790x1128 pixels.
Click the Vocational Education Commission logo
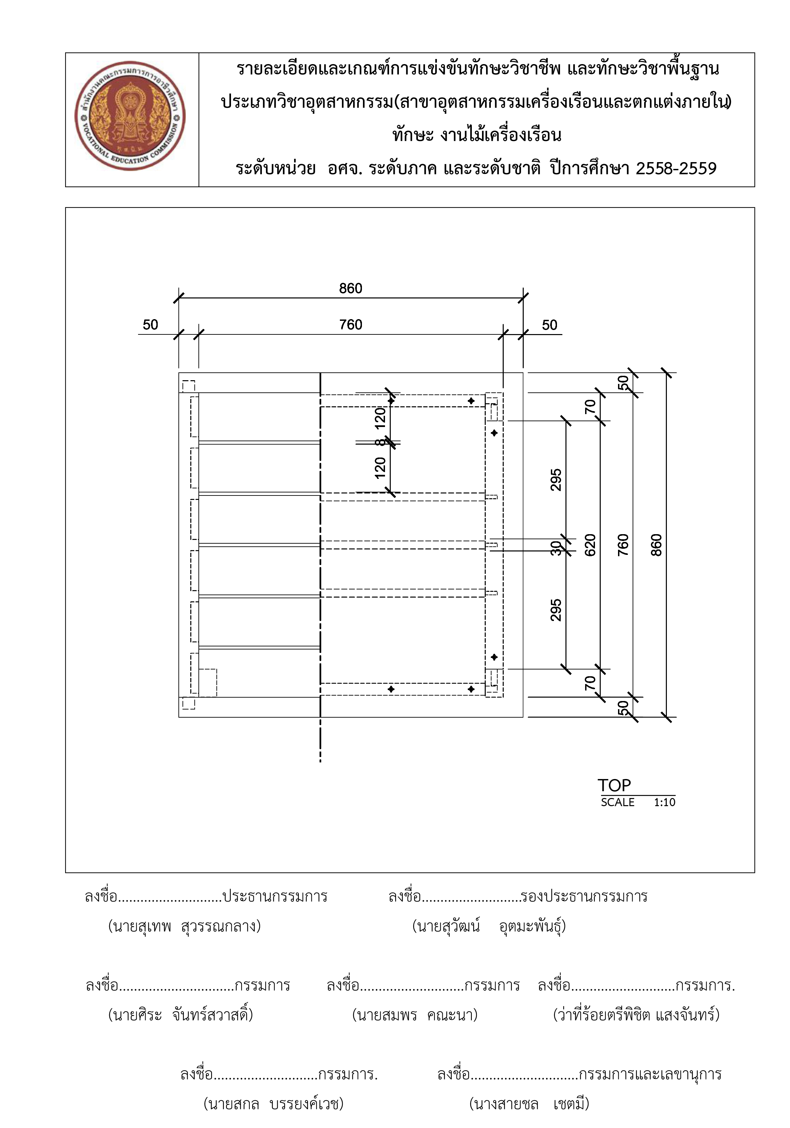[x=130, y=116]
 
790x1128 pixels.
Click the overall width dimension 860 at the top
[x=350, y=288]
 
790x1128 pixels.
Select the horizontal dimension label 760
[x=350, y=325]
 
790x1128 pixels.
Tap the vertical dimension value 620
[x=590, y=545]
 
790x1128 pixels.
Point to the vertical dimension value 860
[x=656, y=545]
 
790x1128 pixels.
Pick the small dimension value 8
[x=380, y=442]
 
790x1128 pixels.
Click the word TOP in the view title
[x=614, y=785]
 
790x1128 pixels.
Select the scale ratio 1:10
[x=664, y=802]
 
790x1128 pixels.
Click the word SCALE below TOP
[x=618, y=802]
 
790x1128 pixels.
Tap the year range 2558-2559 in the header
[x=676, y=169]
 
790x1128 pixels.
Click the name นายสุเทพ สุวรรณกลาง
[x=184, y=926]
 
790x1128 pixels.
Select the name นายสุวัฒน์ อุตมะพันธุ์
[x=489, y=926]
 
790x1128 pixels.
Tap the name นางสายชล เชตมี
[x=529, y=1104]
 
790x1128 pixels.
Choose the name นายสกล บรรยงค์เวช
[x=274, y=1104]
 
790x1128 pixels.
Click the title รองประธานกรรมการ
[x=584, y=897]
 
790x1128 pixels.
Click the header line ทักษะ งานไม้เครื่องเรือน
[x=477, y=135]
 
